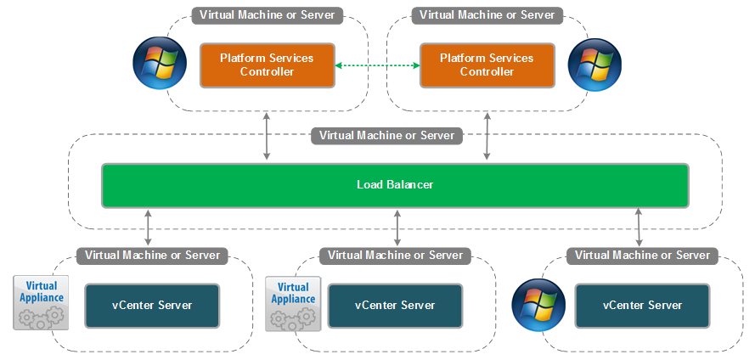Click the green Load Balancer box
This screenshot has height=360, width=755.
395,185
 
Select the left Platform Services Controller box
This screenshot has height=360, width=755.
267,65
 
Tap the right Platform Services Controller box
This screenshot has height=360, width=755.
487,65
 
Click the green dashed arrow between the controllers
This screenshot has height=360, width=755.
377,65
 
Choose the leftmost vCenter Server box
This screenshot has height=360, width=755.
152,306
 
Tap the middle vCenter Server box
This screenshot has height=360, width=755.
395,306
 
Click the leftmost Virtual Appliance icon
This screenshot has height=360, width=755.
41,302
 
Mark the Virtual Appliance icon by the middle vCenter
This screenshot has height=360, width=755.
292,302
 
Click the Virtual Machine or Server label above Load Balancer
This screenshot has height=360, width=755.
387,135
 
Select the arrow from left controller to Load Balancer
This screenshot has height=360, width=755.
268,135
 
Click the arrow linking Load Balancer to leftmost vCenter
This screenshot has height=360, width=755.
149,228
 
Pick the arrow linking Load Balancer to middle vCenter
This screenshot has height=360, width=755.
397,228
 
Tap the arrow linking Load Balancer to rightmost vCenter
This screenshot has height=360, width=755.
639,228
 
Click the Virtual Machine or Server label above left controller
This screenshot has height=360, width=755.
267,15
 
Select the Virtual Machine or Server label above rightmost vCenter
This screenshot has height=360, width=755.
642,255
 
